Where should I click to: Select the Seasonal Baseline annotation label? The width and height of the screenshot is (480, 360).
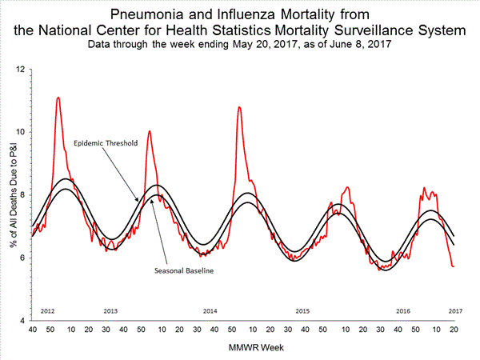[186, 270]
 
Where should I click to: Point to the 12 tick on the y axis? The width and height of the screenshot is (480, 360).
[21, 70]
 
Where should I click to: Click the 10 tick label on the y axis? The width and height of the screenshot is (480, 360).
[21, 132]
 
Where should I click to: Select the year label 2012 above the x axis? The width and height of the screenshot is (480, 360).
[47, 310]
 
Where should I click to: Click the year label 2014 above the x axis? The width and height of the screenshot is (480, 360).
[210, 310]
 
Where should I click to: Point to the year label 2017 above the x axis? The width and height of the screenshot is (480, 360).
[454, 310]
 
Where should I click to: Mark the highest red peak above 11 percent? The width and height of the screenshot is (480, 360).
[58, 98]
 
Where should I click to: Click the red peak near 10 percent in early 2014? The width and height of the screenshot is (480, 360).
[149, 130]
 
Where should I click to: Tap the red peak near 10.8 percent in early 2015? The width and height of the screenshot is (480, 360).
[239, 106]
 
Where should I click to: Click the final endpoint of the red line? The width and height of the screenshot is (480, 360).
[454, 266]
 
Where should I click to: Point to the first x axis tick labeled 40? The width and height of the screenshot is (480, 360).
[31, 329]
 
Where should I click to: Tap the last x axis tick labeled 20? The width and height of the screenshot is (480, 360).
[454, 329]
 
